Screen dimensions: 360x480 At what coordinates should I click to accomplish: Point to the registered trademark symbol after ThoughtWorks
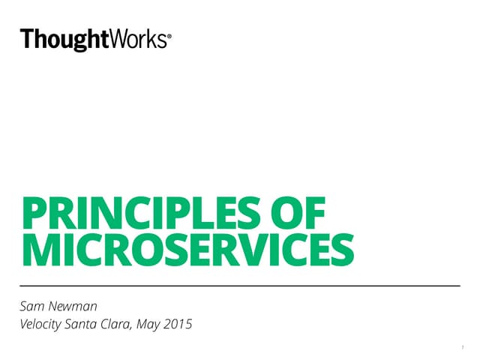click(168, 35)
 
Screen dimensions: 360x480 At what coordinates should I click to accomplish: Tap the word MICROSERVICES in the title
click(187, 250)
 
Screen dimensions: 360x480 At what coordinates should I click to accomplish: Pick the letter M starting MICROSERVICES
click(37, 250)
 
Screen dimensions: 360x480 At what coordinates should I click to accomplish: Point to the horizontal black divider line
click(240, 286)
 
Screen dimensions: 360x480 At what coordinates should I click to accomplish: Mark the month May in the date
click(162, 325)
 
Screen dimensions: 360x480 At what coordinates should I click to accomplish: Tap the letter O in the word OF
click(290, 212)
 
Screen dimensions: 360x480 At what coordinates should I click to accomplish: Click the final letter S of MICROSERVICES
click(342, 250)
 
